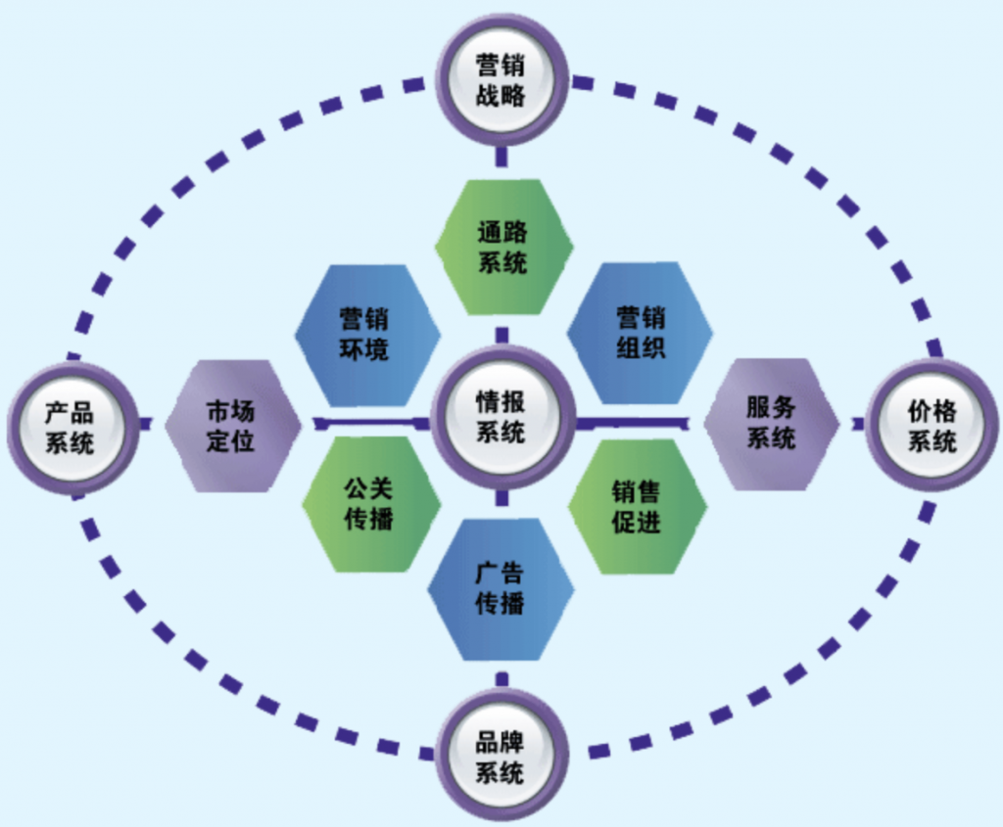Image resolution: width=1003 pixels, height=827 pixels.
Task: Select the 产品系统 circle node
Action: coord(71,427)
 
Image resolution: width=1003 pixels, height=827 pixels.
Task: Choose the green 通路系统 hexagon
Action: coord(502,247)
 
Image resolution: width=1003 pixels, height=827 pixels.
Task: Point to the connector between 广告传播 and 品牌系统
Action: coord(501,677)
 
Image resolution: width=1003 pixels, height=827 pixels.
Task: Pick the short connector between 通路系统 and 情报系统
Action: coord(501,335)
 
